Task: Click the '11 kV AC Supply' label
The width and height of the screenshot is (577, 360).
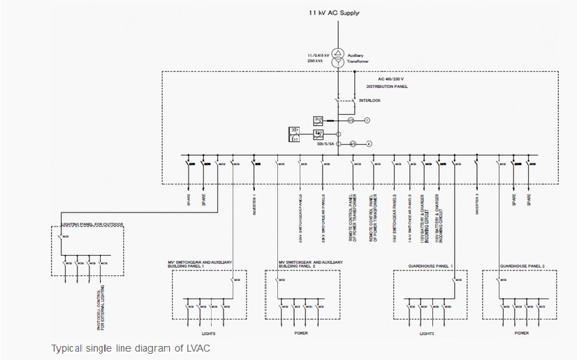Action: tap(334, 13)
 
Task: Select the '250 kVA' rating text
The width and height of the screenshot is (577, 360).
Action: tap(316, 62)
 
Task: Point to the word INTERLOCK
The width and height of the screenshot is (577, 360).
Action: tap(370, 101)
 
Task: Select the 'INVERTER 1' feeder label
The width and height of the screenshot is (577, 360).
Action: tap(254, 203)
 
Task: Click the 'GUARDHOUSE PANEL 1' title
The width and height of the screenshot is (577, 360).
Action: tap(430, 266)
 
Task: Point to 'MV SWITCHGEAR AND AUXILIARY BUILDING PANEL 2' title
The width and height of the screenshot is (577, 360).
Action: tap(310, 265)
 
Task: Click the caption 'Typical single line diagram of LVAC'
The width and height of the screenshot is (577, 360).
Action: tap(131, 348)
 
